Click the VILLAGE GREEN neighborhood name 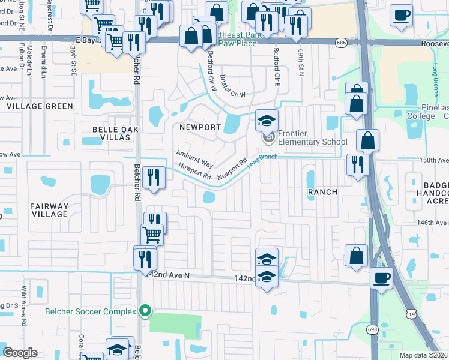[40, 106]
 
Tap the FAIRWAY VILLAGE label [50, 210]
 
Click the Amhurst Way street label [194, 159]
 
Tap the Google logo [20, 353]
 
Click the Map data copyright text [424, 355]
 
